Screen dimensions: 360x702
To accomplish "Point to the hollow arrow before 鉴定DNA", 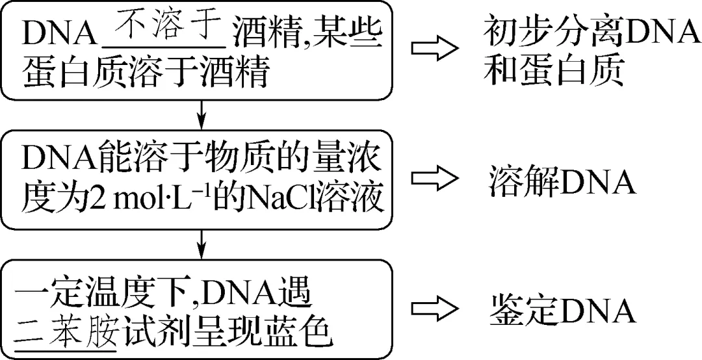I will [434, 311].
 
